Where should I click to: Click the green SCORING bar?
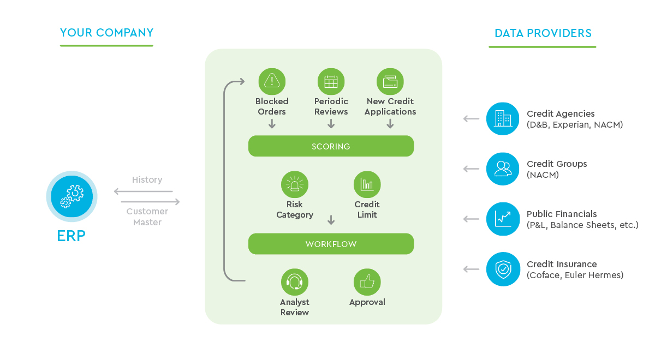(331, 146)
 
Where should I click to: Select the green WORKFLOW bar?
(331, 244)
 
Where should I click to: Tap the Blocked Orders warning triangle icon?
(272, 81)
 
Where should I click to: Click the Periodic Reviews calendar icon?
(331, 81)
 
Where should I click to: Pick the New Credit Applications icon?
(390, 81)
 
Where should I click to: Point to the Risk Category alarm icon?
(295, 185)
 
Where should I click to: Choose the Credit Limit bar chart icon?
(367, 185)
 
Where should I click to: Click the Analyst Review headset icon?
(295, 282)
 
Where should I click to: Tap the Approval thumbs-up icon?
(367, 282)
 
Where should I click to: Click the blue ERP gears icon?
(72, 197)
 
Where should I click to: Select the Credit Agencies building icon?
(503, 118)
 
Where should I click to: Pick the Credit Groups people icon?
(503, 169)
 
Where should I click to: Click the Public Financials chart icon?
(503, 219)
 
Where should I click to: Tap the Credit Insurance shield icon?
(503, 269)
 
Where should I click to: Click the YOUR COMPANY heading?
(106, 33)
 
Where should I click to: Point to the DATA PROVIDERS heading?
(543, 33)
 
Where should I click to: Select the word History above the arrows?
(147, 179)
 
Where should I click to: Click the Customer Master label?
(147, 217)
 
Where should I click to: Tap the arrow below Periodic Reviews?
(331, 124)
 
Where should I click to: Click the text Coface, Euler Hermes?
(575, 275)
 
